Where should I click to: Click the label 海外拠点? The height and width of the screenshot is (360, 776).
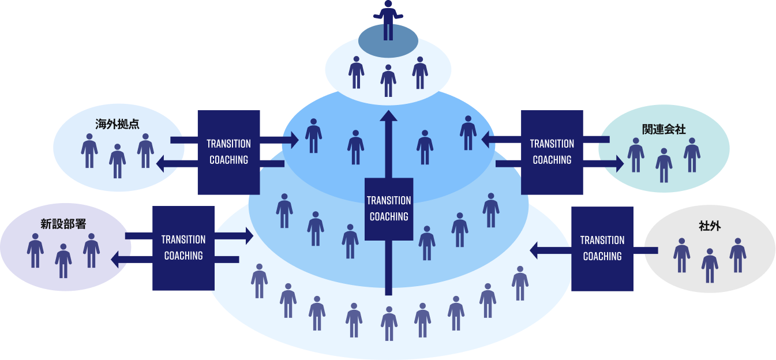[x=118, y=123]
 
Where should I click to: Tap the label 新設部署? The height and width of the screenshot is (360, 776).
[x=63, y=224]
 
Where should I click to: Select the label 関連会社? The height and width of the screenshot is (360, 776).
[x=663, y=129]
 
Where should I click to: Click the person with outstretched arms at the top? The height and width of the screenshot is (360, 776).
[x=388, y=18]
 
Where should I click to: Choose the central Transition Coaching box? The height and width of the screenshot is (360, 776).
[x=389, y=209]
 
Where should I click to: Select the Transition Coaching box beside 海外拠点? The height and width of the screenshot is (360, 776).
[x=229, y=152]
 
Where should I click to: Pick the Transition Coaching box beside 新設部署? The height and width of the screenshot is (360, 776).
[x=183, y=248]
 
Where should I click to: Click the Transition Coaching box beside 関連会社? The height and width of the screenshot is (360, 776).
[x=552, y=152]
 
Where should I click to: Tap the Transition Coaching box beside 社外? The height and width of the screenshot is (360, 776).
[x=602, y=249]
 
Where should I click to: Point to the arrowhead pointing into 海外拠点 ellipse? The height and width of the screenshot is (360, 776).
[x=162, y=164]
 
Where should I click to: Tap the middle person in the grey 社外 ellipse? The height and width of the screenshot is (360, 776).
[x=710, y=265]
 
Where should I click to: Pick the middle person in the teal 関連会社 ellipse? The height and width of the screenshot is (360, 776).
[x=664, y=165]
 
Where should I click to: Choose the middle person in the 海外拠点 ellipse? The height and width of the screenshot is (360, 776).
[x=118, y=160]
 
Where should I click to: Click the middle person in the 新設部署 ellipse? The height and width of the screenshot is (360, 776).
[x=63, y=261]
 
